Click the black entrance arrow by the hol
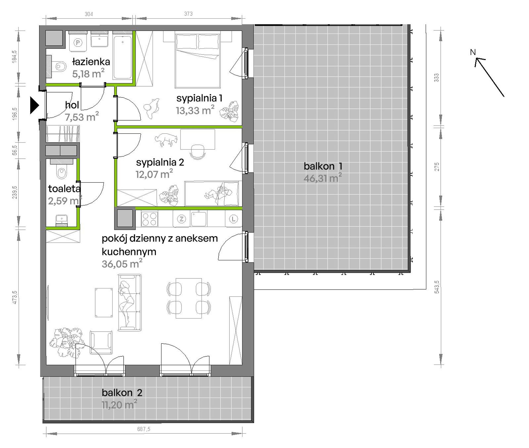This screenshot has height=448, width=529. pyautogui.click(x=34, y=105)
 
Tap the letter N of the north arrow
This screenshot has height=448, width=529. pyautogui.click(x=473, y=52)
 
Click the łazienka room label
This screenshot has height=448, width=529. pyautogui.click(x=91, y=62)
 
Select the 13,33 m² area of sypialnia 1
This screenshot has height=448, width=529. pyautogui.click(x=195, y=110)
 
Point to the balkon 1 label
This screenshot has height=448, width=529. pyautogui.click(x=323, y=166)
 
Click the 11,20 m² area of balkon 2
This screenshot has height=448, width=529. pyautogui.click(x=119, y=404)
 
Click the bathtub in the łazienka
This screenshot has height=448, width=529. pyautogui.click(x=123, y=57)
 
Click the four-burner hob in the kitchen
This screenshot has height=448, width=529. pyautogui.click(x=149, y=219)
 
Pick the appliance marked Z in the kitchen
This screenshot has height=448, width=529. pyautogui.click(x=182, y=219)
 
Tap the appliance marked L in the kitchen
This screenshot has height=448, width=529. pyautogui.click(x=233, y=219)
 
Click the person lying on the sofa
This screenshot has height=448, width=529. pyautogui.click(x=127, y=302)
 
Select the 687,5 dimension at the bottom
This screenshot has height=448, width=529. pyautogui.click(x=144, y=429)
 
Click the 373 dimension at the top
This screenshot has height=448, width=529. pyautogui.click(x=188, y=14)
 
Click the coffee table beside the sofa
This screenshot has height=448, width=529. pyautogui.click(x=104, y=302)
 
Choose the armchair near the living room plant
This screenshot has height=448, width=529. pyautogui.click(x=101, y=342)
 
